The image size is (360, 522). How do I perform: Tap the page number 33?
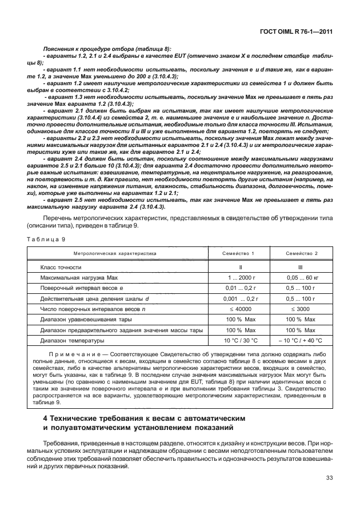pos(328,477)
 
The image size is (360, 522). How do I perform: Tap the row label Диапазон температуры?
pos(72,341)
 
